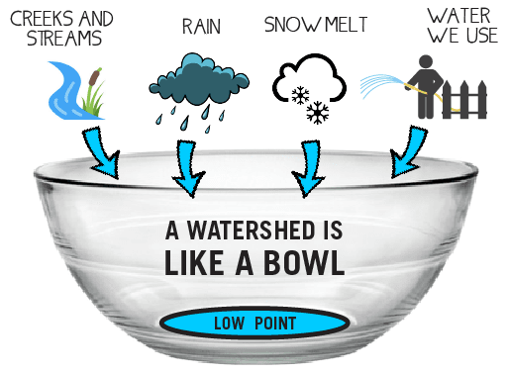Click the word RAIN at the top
tap(200, 24)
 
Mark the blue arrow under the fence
tap(407, 153)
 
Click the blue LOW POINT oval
tap(253, 323)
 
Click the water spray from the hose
tap(380, 84)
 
